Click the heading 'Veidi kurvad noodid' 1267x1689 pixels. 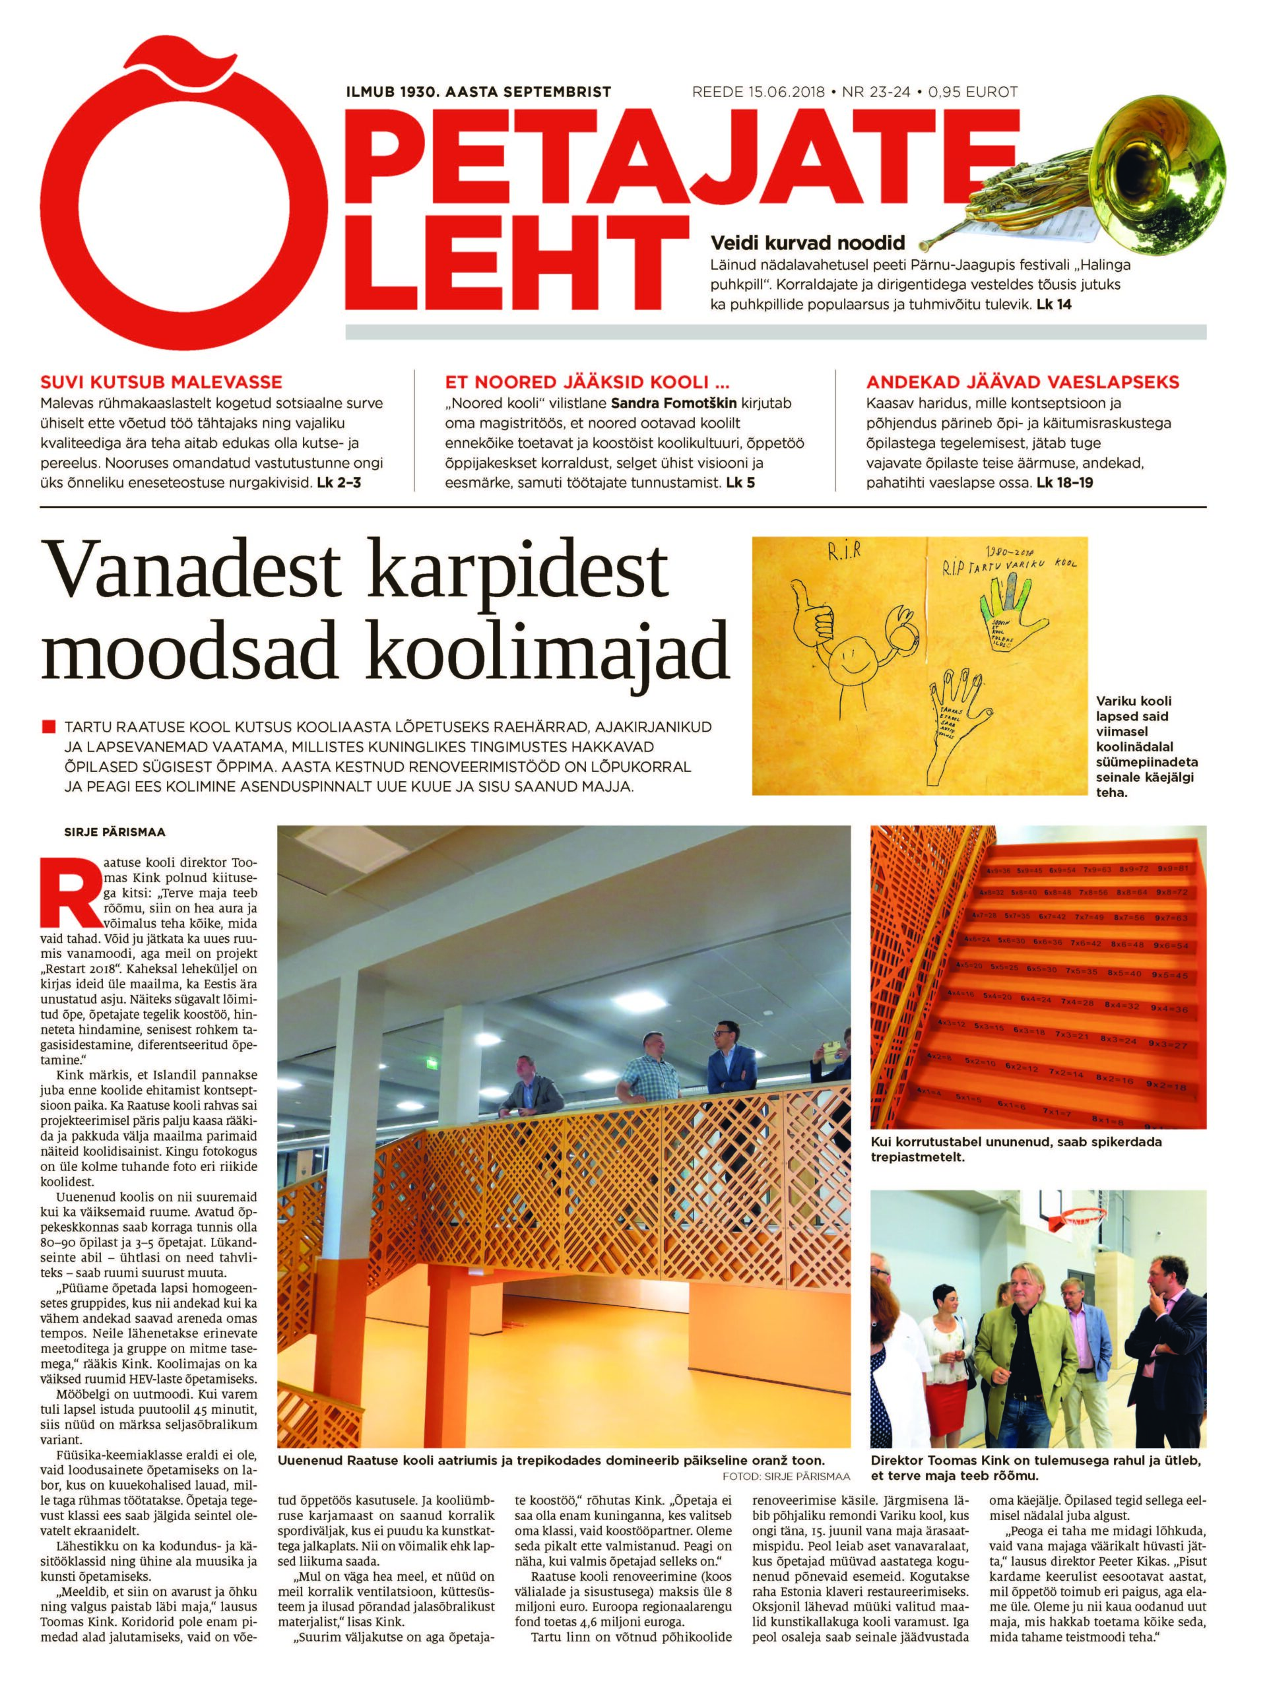(x=807, y=243)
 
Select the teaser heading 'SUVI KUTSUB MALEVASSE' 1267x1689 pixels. (x=161, y=382)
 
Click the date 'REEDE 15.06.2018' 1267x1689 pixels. (x=758, y=92)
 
